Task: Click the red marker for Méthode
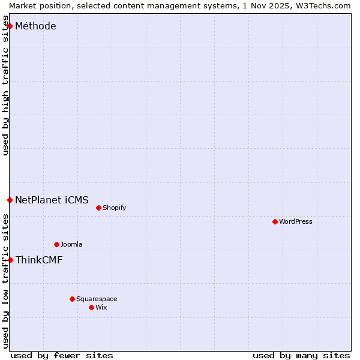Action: pos(10,26)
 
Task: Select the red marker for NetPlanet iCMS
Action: pos(10,200)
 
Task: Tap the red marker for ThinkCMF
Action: pos(10,260)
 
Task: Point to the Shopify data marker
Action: pos(98,208)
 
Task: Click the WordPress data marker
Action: pos(275,221)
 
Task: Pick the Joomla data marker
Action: pos(56,244)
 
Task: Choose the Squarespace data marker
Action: pos(72,299)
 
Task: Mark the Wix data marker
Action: pos(91,307)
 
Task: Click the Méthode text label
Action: pos(35,26)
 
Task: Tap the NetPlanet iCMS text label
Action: pos(52,200)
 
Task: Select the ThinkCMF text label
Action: pos(38,260)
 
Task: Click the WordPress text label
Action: pos(296,221)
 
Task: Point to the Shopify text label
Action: pos(114,208)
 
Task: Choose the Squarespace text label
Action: pos(97,299)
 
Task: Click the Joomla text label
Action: pos(71,244)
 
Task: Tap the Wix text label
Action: pos(101,307)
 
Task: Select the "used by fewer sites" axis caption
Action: pos(62,355)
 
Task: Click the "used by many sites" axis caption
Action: pos(301,355)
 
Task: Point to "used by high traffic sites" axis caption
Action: pos(5,90)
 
